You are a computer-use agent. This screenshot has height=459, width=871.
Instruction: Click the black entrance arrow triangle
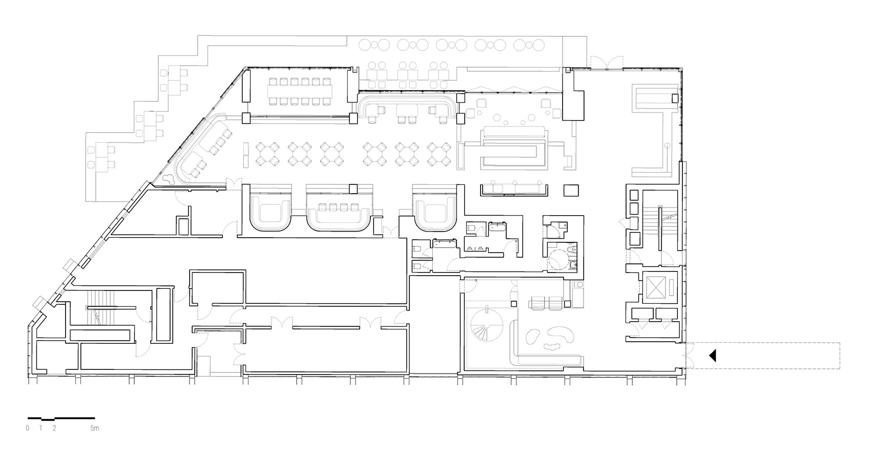point(713,356)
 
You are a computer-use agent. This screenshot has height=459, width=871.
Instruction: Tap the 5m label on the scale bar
point(94,428)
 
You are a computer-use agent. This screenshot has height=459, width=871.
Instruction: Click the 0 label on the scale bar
point(28,428)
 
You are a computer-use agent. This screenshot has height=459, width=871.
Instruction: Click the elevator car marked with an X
point(656,287)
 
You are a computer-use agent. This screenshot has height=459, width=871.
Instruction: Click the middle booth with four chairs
point(337,207)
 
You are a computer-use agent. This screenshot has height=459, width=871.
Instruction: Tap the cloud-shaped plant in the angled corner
point(168,179)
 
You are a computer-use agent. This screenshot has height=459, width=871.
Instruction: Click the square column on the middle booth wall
point(352,188)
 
